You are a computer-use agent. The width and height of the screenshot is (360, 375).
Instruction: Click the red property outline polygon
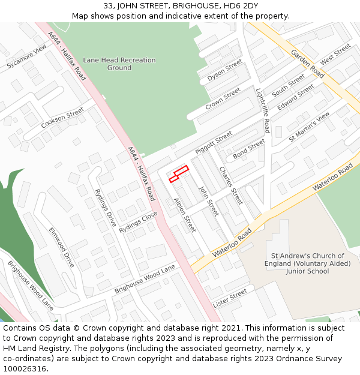point(179,173)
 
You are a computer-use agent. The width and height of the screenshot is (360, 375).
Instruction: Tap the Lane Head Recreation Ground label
point(119,64)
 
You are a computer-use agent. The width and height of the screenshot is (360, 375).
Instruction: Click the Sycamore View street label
point(26,57)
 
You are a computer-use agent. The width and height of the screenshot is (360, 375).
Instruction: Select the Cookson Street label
point(62,118)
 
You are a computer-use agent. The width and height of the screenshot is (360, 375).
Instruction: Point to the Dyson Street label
point(224,71)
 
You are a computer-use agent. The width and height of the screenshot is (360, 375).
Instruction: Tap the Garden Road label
point(307,63)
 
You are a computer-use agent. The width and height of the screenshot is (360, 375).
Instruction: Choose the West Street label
point(335,54)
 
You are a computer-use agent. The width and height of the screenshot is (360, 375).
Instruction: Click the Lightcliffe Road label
point(263,111)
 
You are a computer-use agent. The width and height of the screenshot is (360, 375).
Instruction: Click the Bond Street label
point(249,148)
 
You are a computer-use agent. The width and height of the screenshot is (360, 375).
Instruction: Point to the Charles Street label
point(230,185)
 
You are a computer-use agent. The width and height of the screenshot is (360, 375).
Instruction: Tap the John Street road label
point(209,201)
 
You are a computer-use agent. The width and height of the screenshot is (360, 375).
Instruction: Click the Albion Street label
point(184,214)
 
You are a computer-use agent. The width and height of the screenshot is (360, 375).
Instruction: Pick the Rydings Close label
point(138,222)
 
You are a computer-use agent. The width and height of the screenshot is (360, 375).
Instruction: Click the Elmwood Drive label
point(62,247)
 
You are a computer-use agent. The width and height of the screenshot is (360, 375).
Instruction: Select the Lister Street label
point(230,298)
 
